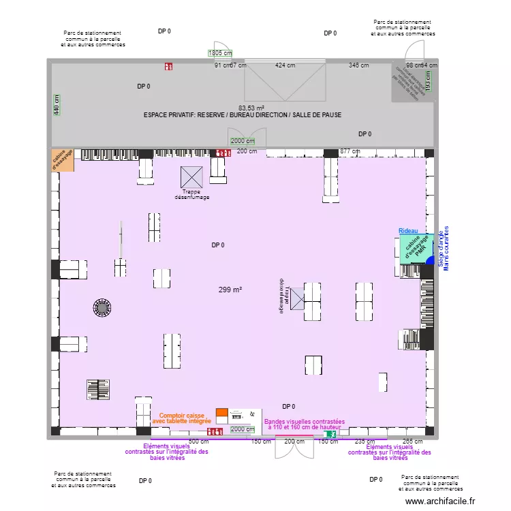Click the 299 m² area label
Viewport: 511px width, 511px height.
pos(230,290)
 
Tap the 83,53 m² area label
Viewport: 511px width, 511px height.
pos(251,108)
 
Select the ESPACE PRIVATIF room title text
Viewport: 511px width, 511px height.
pos(243,115)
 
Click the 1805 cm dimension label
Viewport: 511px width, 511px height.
pos(220,53)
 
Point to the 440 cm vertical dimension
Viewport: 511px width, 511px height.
pos(57,104)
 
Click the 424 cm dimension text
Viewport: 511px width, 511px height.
pos(285,65)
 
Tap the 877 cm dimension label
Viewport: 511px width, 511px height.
pos(350,151)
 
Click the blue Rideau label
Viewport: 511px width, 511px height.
pos(409,232)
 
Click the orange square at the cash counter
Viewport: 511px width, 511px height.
pos(221,413)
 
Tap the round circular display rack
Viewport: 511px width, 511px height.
pos(102,309)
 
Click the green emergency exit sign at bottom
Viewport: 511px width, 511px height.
pos(330,434)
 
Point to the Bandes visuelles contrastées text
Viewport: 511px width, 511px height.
pos(305,424)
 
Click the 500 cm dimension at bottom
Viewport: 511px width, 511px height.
pos(198,442)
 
